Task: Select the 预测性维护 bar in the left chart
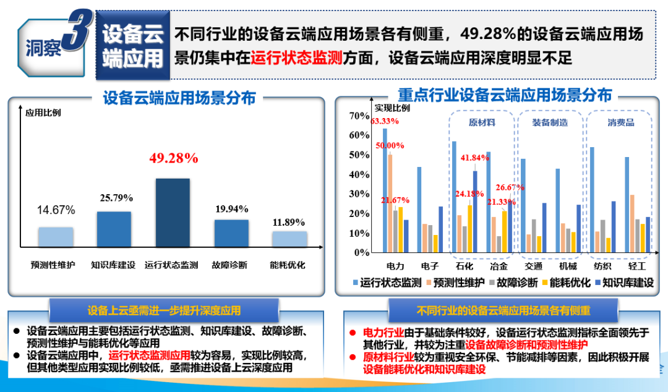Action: coord(55,237)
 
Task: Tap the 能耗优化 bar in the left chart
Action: coord(289,239)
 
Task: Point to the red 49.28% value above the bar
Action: coord(173,158)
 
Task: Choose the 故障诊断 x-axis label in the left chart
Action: coord(231,265)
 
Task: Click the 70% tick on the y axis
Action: coord(359,116)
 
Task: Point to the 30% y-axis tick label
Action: coord(359,194)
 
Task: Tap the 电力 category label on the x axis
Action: coord(395,266)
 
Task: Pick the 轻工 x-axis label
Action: coord(636,266)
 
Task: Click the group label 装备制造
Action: coord(550,122)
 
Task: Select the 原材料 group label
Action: coord(482,122)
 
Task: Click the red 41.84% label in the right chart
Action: coord(475,158)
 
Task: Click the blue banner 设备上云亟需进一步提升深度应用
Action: coord(164,310)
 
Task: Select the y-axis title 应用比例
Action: coord(43,113)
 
